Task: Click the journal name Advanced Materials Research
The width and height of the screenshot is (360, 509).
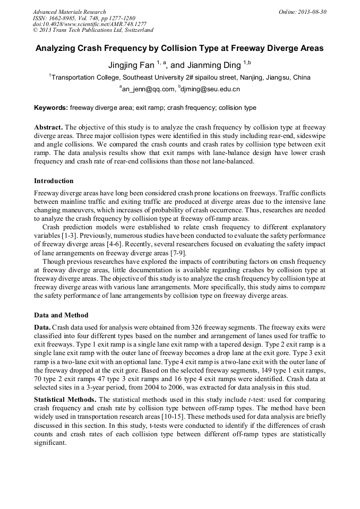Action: [69, 12]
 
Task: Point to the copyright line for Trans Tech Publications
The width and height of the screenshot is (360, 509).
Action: [93, 30]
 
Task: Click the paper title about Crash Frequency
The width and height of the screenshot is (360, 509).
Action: [179, 48]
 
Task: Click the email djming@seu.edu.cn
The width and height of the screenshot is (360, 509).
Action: [211, 89]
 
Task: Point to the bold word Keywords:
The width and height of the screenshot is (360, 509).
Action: [51, 108]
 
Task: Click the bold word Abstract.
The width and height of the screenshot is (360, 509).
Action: [48, 128]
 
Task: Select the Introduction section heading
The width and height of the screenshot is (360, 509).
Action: [54, 181]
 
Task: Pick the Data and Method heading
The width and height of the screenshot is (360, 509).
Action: [61, 315]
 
